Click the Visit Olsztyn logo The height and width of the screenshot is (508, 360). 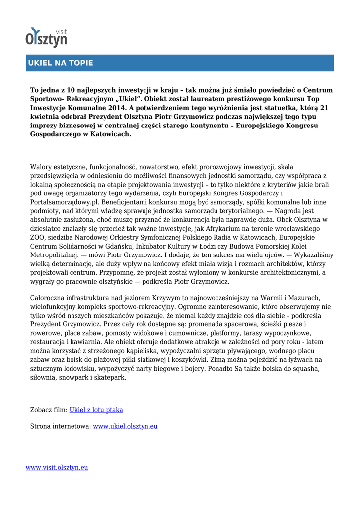[46, 37]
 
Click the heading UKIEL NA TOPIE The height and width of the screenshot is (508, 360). [60, 63]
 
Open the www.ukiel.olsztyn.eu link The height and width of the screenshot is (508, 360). [125, 426]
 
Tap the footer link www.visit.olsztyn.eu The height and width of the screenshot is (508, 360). [57, 467]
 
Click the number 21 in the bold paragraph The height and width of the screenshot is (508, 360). [324, 108]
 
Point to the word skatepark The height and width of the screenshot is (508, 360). [111, 377]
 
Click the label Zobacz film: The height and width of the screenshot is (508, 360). [49, 410]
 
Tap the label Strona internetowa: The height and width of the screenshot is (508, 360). [61, 426]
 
